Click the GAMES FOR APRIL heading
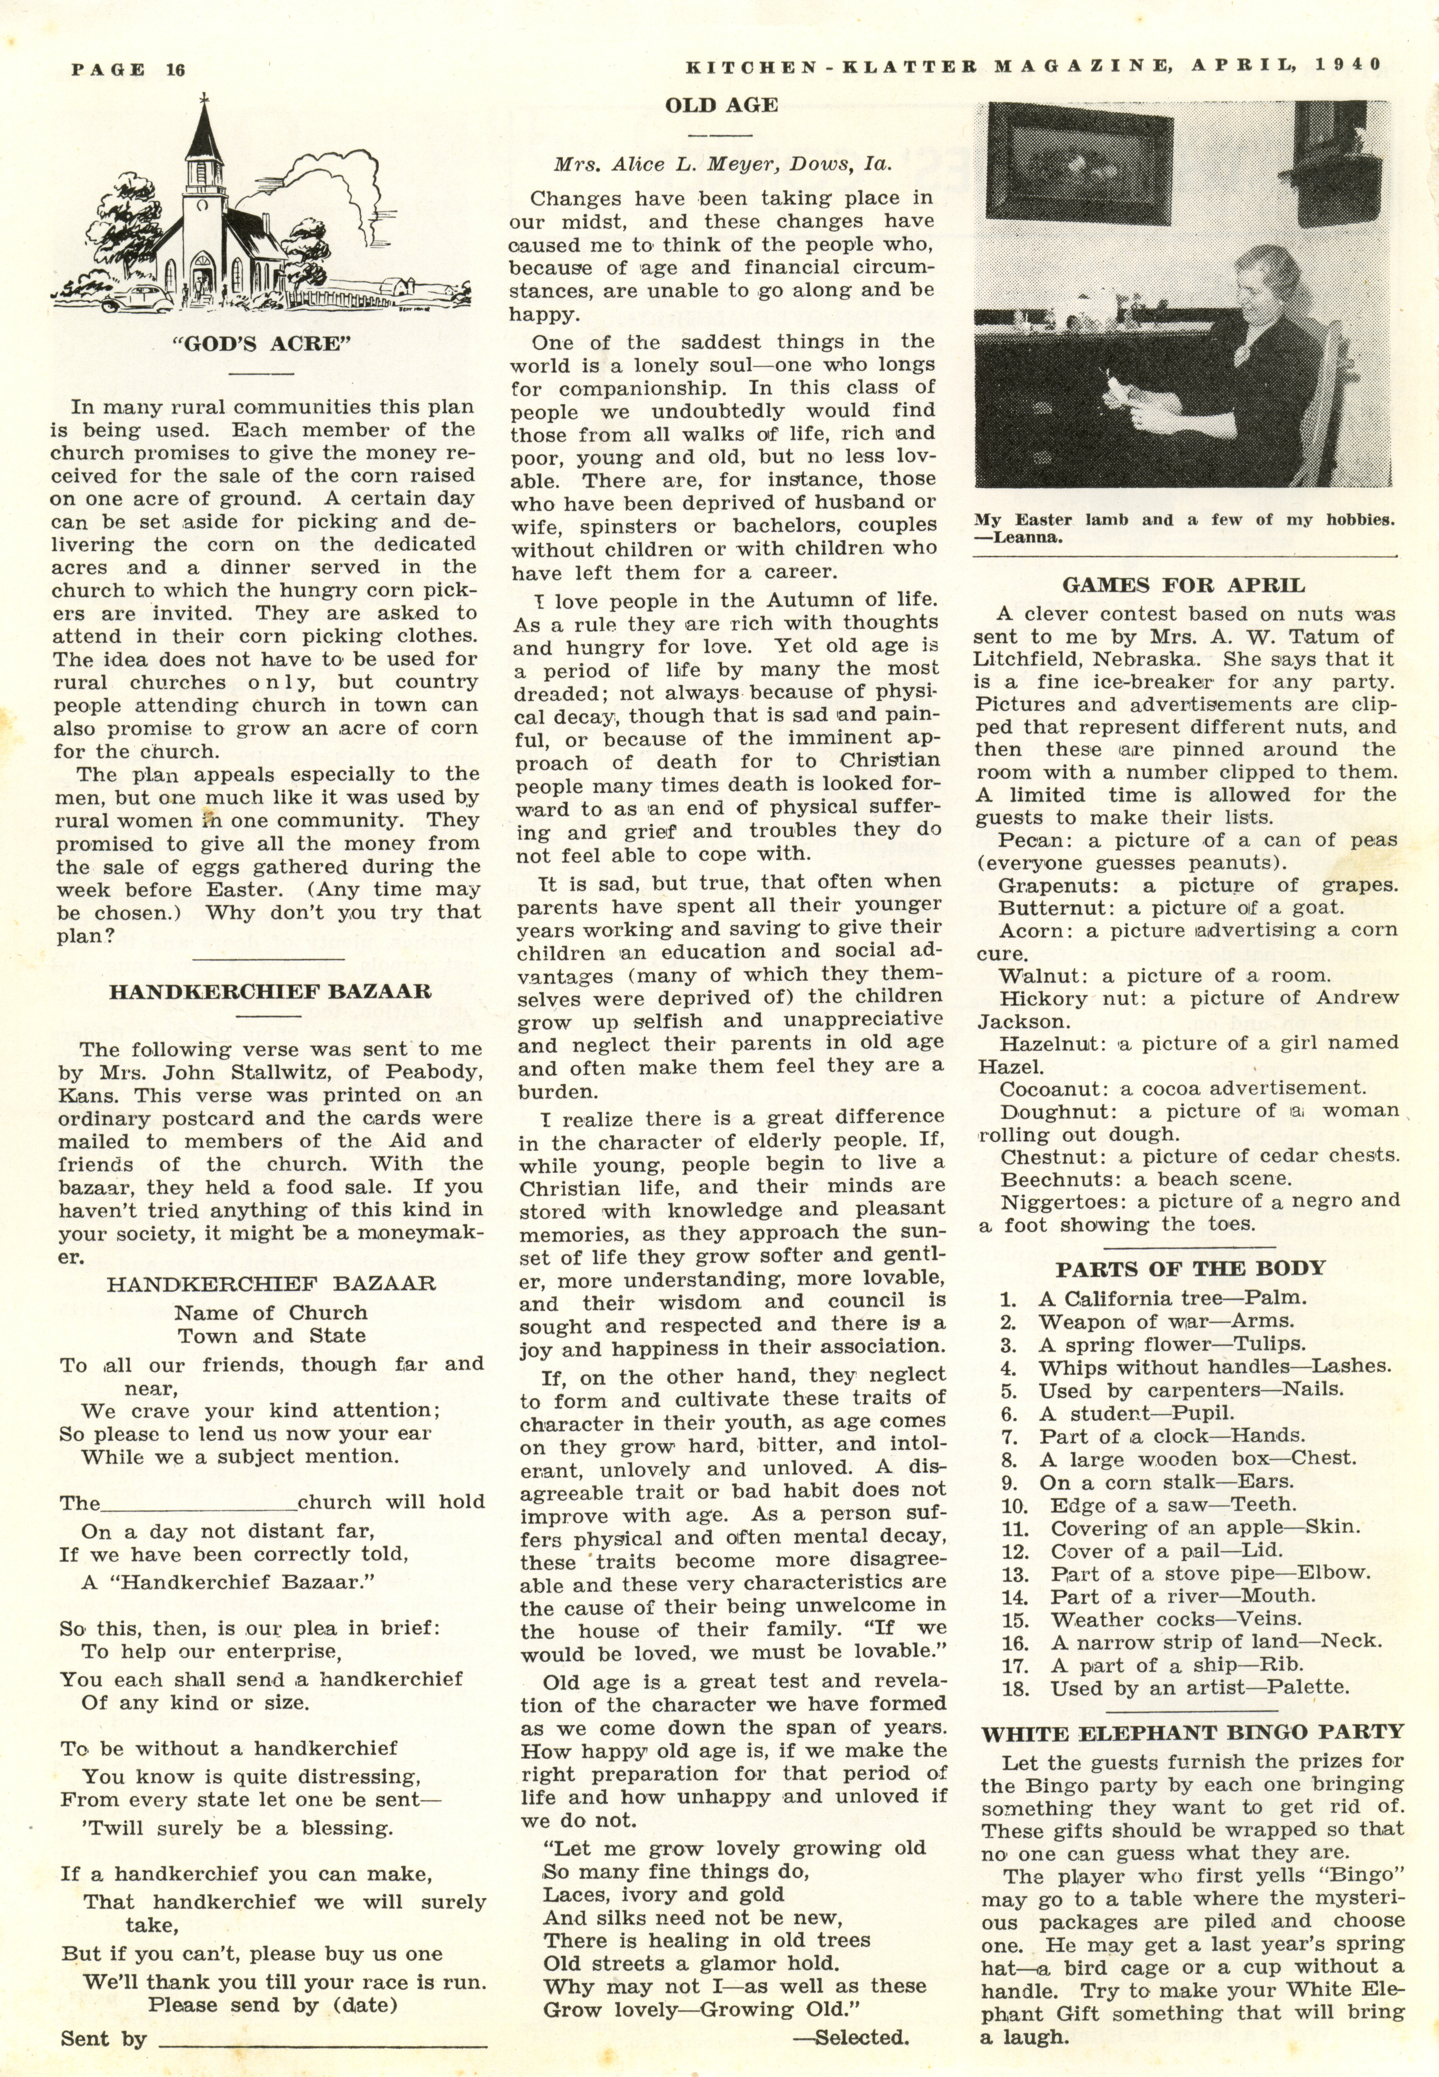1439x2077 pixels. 1183,584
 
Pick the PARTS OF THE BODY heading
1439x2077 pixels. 1190,1268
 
